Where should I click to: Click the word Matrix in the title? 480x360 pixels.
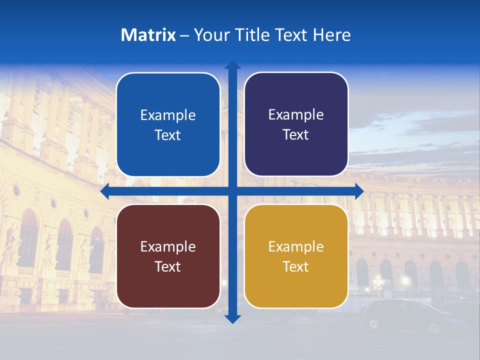click(148, 35)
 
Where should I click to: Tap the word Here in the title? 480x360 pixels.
click(331, 35)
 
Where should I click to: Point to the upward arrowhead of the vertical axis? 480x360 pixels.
click(232, 65)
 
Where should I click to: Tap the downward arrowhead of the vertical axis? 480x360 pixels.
click(232, 318)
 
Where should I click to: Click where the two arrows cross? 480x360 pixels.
click(232, 191)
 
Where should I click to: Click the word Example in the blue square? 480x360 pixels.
click(168, 115)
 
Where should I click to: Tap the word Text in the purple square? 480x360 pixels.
click(296, 135)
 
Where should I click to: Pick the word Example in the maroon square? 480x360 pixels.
click(168, 247)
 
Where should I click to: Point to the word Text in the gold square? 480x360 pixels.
click(296, 267)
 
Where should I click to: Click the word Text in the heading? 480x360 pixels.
click(290, 35)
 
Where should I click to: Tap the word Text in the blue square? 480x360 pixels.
click(168, 135)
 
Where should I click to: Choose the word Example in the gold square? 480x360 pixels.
click(296, 247)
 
